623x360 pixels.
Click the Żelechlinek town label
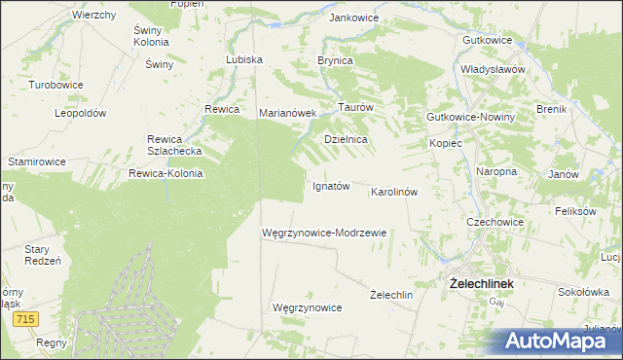pos(481,283)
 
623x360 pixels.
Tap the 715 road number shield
pos(26,319)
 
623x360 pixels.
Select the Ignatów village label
pos(330,186)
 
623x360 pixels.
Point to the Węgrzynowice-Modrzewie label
pos(324,234)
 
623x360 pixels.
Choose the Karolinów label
pos(394,193)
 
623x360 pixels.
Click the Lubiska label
pos(244,59)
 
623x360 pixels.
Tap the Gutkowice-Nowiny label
pos(470,117)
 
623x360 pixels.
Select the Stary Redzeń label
pos(43,255)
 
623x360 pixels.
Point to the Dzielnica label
pos(345,139)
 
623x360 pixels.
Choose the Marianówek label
pos(288,113)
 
